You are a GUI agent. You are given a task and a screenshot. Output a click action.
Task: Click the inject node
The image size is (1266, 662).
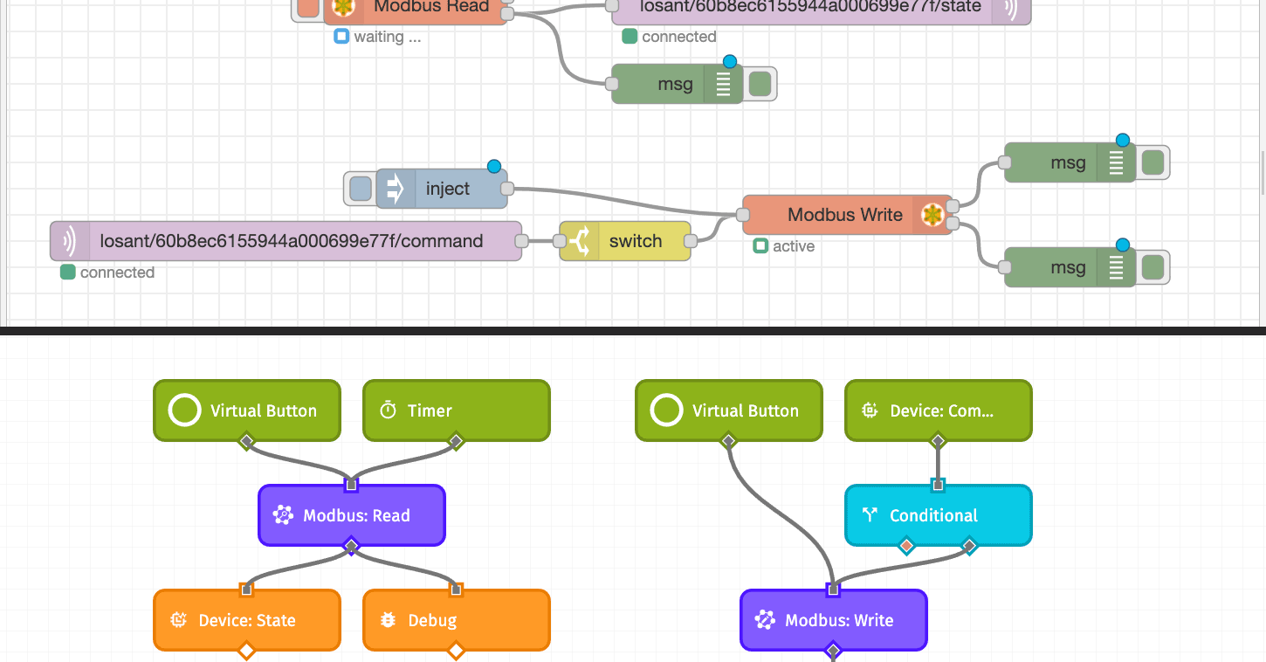(x=446, y=189)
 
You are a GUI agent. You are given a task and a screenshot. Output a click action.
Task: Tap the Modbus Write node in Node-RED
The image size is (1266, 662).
(x=845, y=215)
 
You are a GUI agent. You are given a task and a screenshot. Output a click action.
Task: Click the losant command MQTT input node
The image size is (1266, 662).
(x=290, y=241)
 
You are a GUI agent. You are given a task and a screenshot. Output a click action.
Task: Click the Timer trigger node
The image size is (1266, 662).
(x=456, y=410)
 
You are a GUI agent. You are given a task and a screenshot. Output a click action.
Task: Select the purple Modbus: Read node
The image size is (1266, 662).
(x=352, y=515)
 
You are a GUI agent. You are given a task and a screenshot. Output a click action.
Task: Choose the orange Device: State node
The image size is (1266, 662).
(x=246, y=620)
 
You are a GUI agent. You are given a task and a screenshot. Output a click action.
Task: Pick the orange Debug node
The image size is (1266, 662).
(x=456, y=620)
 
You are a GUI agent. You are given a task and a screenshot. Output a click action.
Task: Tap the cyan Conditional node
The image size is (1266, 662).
(x=938, y=515)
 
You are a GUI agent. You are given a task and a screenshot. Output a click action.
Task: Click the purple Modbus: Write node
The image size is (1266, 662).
(x=833, y=620)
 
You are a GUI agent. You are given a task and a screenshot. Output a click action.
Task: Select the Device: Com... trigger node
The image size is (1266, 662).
(x=938, y=410)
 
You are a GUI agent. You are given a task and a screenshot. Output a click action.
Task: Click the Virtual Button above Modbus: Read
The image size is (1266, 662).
(x=246, y=410)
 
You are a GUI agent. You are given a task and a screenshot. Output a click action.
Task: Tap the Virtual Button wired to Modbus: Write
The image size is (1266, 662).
(x=728, y=410)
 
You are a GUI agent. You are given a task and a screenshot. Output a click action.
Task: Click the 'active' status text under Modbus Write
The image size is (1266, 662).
(x=793, y=246)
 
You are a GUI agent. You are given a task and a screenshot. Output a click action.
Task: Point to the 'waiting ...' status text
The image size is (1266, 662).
(x=387, y=37)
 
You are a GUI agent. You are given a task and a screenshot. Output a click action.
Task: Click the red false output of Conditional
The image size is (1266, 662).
(x=906, y=547)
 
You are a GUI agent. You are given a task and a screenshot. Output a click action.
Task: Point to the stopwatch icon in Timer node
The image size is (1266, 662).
(x=389, y=410)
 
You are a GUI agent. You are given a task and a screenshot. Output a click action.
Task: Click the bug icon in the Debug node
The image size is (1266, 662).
(x=389, y=620)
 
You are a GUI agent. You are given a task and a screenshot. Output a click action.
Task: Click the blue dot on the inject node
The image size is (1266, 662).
(x=494, y=167)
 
